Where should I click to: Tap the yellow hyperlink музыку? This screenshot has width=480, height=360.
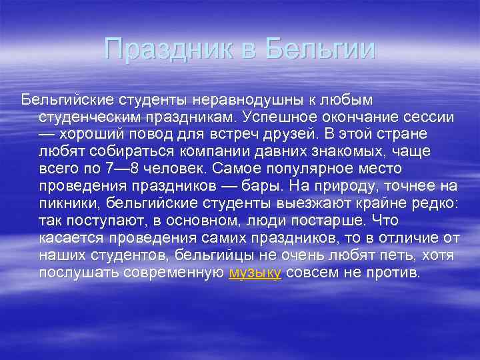[x=255, y=273]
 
